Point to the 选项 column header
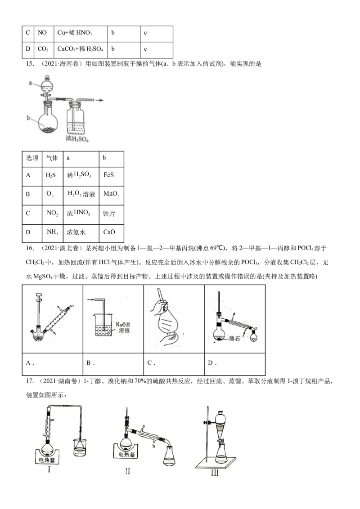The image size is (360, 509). (32, 158)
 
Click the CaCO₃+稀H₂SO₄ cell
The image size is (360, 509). (80, 49)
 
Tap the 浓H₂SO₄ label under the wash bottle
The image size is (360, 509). (77, 138)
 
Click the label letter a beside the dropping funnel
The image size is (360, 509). (30, 83)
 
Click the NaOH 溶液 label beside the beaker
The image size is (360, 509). (123, 327)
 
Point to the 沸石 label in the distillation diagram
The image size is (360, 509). (234, 339)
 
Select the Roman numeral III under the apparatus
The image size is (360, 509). (215, 473)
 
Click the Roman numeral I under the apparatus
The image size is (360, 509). (49, 469)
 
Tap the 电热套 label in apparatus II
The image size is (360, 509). (126, 454)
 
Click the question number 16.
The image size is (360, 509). (30, 248)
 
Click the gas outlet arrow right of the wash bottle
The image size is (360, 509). (99, 100)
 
